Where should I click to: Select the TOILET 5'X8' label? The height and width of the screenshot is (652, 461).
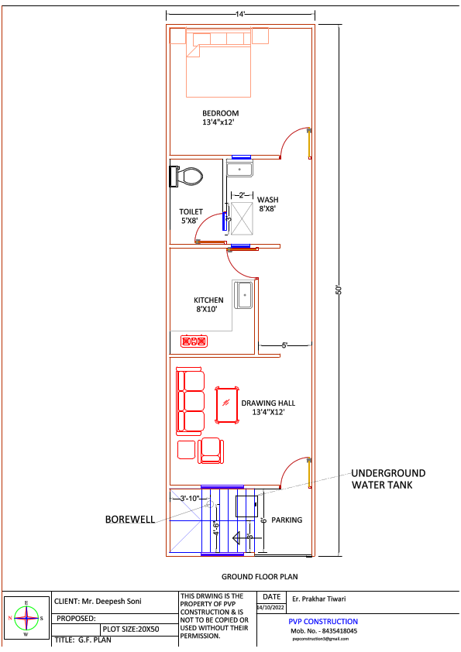pyautogui.click(x=191, y=216)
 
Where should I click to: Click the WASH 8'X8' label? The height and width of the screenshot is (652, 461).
pyautogui.click(x=267, y=204)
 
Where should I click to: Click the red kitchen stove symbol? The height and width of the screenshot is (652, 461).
pyautogui.click(x=194, y=341)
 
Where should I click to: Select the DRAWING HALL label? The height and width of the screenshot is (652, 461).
pyautogui.click(x=268, y=407)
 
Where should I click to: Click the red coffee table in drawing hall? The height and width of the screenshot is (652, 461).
pyautogui.click(x=227, y=406)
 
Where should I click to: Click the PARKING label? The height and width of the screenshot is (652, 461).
pyautogui.click(x=287, y=520)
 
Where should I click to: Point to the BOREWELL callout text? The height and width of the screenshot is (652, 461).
pyautogui.click(x=130, y=520)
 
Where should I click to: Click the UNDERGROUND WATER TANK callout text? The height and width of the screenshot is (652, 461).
pyautogui.click(x=388, y=479)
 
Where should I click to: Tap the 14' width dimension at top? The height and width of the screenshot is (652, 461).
pyautogui.click(x=240, y=14)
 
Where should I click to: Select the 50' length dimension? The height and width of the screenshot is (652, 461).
pyautogui.click(x=339, y=289)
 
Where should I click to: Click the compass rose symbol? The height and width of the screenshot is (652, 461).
pyautogui.click(x=26, y=618)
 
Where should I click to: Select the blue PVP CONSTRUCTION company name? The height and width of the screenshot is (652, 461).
pyautogui.click(x=323, y=621)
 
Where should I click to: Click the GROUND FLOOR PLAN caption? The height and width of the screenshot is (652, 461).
pyautogui.click(x=260, y=577)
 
